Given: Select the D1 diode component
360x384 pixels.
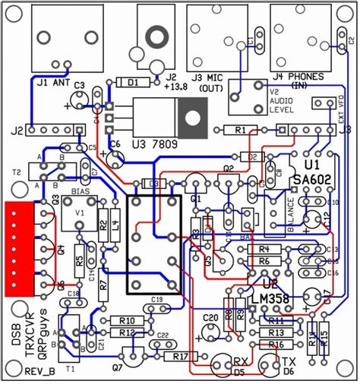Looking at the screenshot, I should point(132,83).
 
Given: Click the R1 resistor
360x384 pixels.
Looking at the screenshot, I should point(241,131).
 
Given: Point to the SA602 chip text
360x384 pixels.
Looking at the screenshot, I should point(311,181).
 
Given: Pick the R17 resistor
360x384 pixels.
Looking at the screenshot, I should point(181,356).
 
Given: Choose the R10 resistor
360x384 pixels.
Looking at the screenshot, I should point(127,321).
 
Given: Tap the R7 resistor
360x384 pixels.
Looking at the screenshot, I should point(104,284).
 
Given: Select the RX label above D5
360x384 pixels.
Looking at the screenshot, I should point(239,361).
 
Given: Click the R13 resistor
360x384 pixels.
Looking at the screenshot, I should point(276,332).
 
